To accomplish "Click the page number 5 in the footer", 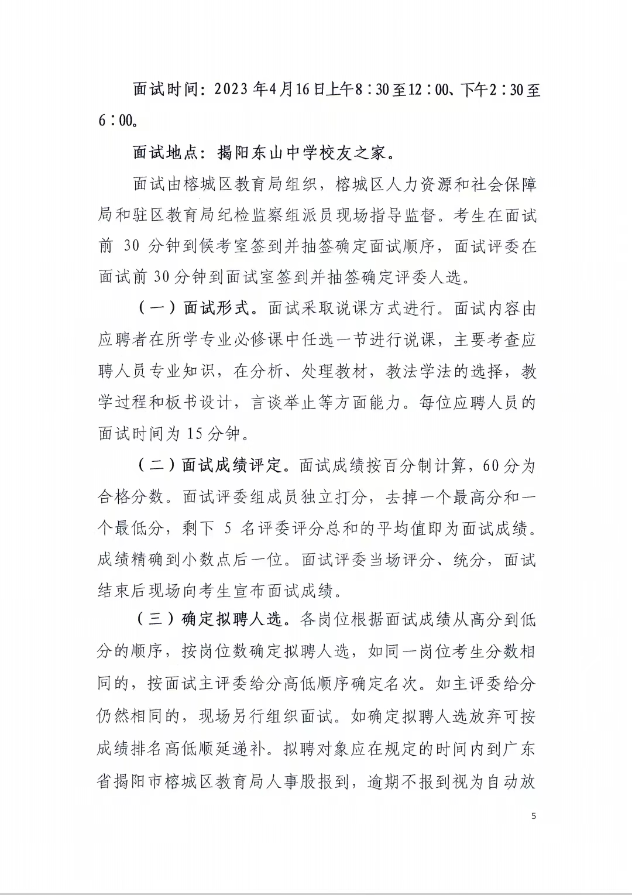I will (533, 816).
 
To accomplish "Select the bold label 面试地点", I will (167, 153).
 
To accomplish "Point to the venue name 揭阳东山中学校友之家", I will (302, 153).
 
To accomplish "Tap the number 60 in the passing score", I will (493, 466).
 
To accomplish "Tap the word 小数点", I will (208, 560).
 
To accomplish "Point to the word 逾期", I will (383, 781).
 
